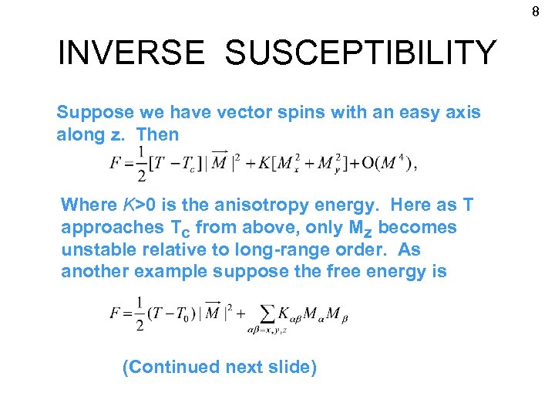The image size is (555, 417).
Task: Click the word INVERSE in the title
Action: click(131, 53)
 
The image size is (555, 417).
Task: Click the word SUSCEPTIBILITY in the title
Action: click(361, 53)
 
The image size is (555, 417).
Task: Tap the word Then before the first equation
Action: click(157, 134)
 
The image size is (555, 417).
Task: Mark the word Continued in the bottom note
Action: click(170, 367)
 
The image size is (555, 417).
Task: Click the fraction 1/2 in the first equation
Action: click(141, 164)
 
